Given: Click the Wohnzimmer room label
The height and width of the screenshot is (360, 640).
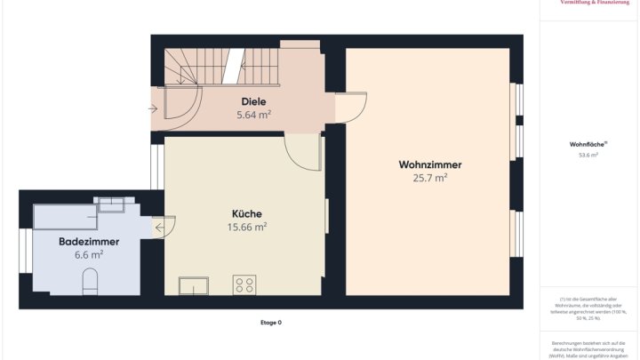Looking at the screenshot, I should click(x=429, y=164).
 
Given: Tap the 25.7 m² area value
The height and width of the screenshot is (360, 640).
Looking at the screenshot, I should click(x=429, y=178).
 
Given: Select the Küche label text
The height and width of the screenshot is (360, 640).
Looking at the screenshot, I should click(x=247, y=213).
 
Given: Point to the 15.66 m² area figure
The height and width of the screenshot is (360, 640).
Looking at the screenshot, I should click(x=247, y=227).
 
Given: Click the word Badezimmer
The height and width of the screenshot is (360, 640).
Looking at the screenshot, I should click(x=89, y=241).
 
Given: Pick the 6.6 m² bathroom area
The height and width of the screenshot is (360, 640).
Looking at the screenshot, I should click(x=89, y=254).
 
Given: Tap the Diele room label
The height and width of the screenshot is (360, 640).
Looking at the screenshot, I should click(x=253, y=102).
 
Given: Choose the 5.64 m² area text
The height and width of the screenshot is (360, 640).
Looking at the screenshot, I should click(x=253, y=115).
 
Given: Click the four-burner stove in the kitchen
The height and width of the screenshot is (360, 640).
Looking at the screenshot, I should click(x=244, y=284).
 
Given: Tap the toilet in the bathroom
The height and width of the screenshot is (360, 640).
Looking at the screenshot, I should click(x=90, y=283).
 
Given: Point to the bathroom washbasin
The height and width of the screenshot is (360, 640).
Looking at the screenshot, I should click(x=112, y=205).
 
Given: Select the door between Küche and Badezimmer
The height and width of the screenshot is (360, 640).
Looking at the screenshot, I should click(x=165, y=228).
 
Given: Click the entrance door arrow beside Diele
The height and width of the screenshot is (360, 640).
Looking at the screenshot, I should click(x=154, y=109).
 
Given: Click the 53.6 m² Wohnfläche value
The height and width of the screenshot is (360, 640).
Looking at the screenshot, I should click(x=588, y=155).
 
